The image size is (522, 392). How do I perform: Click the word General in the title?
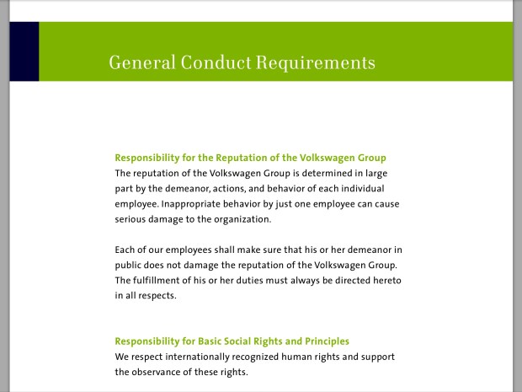click(138, 62)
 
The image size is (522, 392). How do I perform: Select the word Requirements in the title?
click(315, 62)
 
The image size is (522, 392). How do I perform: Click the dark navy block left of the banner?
click(24, 51)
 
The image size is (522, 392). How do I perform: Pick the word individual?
click(361, 188)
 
